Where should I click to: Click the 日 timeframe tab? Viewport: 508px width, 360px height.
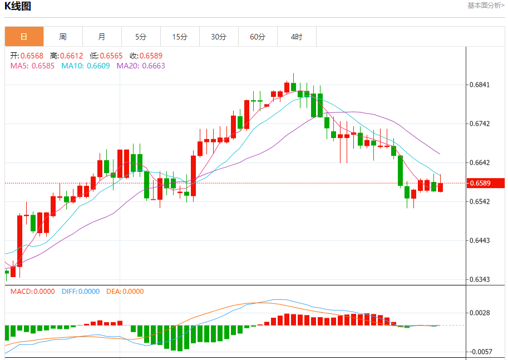point(24,37)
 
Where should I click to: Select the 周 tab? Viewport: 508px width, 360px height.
point(63,37)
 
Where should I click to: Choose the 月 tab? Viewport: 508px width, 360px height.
point(102,37)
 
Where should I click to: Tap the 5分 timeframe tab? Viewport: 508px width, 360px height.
point(141,37)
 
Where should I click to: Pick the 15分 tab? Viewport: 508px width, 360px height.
point(180,37)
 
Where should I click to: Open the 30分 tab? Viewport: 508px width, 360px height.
point(219,37)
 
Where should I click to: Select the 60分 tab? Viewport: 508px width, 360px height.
point(258,37)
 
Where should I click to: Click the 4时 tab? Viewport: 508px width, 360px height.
point(297,37)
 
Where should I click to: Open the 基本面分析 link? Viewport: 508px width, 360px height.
point(486,6)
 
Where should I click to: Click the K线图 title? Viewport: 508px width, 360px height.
point(18,7)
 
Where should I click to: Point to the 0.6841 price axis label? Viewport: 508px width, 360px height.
point(479,85)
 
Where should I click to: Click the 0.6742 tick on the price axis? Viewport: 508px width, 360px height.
point(479,124)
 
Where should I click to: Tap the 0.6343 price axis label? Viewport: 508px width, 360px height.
point(479,279)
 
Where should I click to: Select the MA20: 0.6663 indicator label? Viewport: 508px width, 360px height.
point(141,66)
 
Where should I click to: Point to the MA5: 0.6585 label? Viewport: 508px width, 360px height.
point(32,66)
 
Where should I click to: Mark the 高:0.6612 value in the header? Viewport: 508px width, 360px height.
point(66,56)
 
